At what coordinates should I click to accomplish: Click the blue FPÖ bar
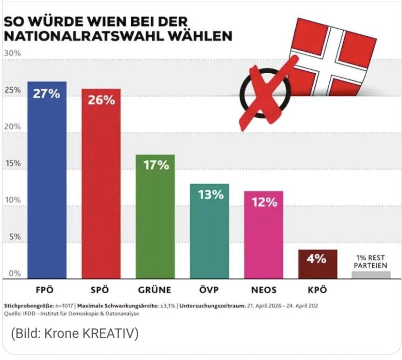[x=47, y=180]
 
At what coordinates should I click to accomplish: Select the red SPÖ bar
[x=101, y=184]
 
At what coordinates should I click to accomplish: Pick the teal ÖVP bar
[x=209, y=231]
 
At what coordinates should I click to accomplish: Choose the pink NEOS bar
[x=263, y=235]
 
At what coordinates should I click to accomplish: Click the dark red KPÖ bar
[x=318, y=264]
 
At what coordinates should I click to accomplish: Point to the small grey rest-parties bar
[x=371, y=275]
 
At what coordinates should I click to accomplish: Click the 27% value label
[x=46, y=95]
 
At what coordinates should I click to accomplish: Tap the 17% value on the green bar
[x=155, y=165]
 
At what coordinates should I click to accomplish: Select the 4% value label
[x=317, y=259]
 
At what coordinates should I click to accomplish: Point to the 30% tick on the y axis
[x=12, y=53]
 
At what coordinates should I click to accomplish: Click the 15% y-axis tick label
[x=12, y=164]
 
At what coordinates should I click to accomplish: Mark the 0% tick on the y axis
[x=14, y=274]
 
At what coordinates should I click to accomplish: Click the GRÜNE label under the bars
[x=155, y=291]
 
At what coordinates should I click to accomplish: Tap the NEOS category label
[x=263, y=291]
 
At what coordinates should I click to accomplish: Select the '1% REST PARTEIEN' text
[x=371, y=262]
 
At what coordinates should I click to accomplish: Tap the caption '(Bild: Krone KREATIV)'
[x=75, y=335]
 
